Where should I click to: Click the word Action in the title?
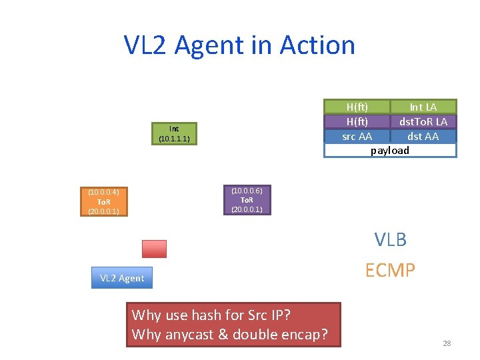tap(317, 45)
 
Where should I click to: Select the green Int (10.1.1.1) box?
tap(174, 134)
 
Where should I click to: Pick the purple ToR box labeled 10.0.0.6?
tap(247, 200)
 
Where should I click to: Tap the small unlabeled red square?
tap(154, 249)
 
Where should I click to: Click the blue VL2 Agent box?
tap(121, 278)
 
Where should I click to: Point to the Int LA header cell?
tap(423, 107)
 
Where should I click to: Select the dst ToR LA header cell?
tap(423, 121)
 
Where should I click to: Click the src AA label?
tap(357, 136)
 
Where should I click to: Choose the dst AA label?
tap(423, 136)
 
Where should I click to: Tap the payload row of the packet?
tap(390, 151)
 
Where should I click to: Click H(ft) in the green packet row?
tap(357, 107)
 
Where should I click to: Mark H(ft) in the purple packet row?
tap(357, 121)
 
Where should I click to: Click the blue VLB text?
tap(390, 239)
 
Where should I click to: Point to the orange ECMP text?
tap(390, 270)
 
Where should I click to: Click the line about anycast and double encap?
tap(230, 334)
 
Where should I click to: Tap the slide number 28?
tap(447, 343)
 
